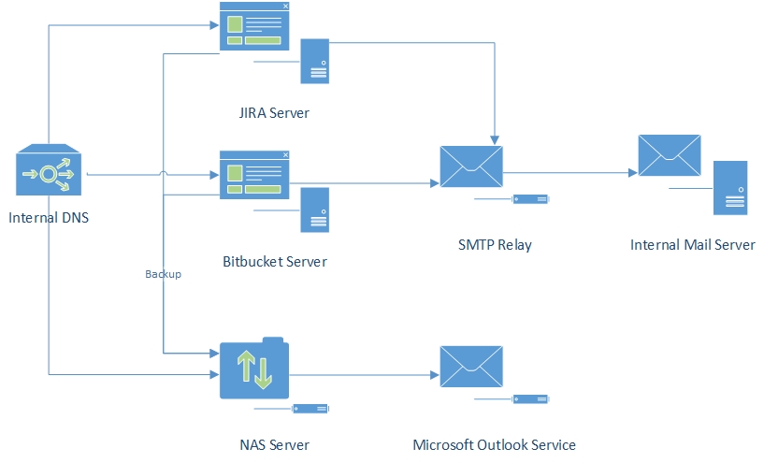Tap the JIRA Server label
[273, 113]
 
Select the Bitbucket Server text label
[275, 261]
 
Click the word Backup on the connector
[163, 275]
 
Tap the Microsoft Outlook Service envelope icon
[470, 369]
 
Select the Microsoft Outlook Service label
[494, 444]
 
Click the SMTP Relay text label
[495, 245]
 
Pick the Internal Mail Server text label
[692, 245]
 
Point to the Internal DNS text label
[49, 219]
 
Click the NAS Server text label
[274, 444]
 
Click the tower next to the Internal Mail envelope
[730, 187]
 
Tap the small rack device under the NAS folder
[310, 409]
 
